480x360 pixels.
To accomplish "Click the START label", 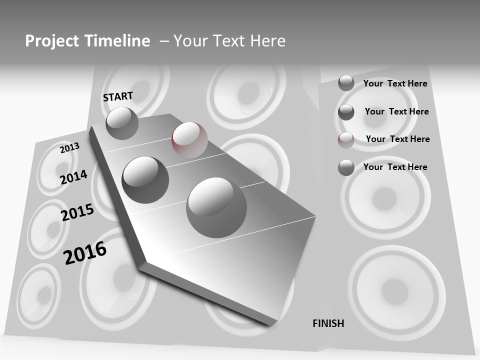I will click(118, 96).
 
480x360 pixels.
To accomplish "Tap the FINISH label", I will click(328, 323).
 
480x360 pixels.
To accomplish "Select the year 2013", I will click(69, 148).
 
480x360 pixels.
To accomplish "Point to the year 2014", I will click(74, 177).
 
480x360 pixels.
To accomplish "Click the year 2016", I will click(85, 253).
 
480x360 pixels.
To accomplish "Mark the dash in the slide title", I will click(164, 41).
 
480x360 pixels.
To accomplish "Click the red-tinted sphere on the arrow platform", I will click(189, 139).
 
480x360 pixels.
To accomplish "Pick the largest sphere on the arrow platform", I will click(216, 207).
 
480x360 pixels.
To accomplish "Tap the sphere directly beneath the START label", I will click(122, 123).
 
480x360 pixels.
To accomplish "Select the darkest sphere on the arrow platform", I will click(145, 179).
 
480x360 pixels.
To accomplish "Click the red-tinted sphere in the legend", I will click(346, 140).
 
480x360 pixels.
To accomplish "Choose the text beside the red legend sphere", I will click(397, 139).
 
